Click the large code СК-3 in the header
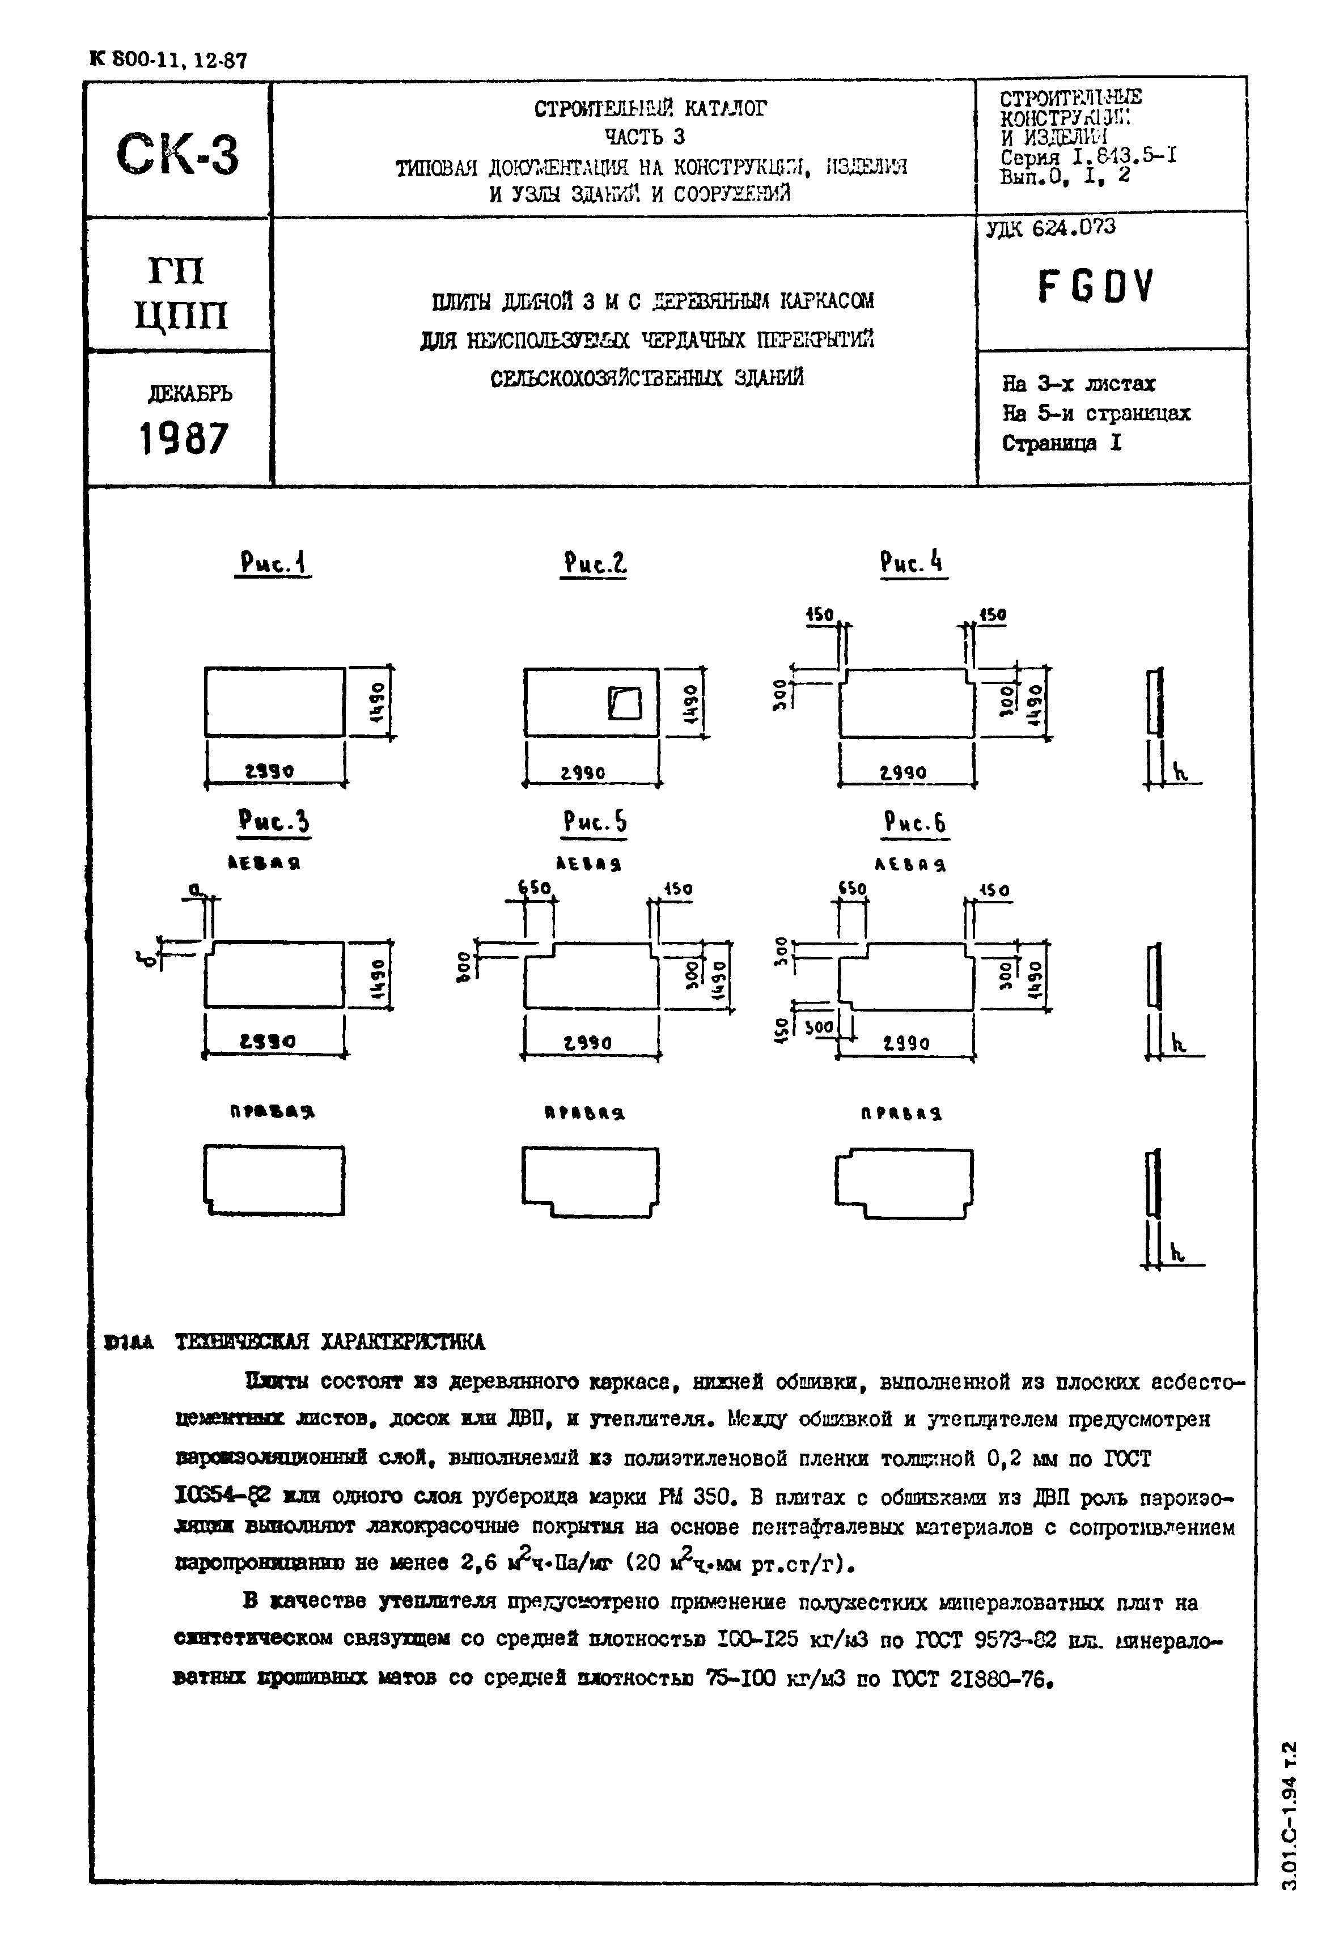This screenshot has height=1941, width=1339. tap(178, 154)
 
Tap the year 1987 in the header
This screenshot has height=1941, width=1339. tap(183, 439)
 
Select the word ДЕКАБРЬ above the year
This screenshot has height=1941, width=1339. tap(189, 393)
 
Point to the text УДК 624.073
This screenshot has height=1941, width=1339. tap(1050, 227)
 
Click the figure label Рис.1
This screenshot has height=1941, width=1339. tap(272, 563)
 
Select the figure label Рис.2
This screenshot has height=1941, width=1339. tap(595, 563)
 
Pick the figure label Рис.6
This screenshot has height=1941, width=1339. tap(914, 823)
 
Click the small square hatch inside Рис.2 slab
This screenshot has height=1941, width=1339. tap(624, 703)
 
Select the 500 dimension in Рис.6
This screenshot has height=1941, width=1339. tap(819, 1027)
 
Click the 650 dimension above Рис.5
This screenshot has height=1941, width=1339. tap(533, 887)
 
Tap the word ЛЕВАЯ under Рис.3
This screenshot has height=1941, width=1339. tap(265, 863)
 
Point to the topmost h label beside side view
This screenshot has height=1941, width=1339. tap(1180, 772)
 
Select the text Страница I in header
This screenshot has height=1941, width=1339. tap(1061, 443)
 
